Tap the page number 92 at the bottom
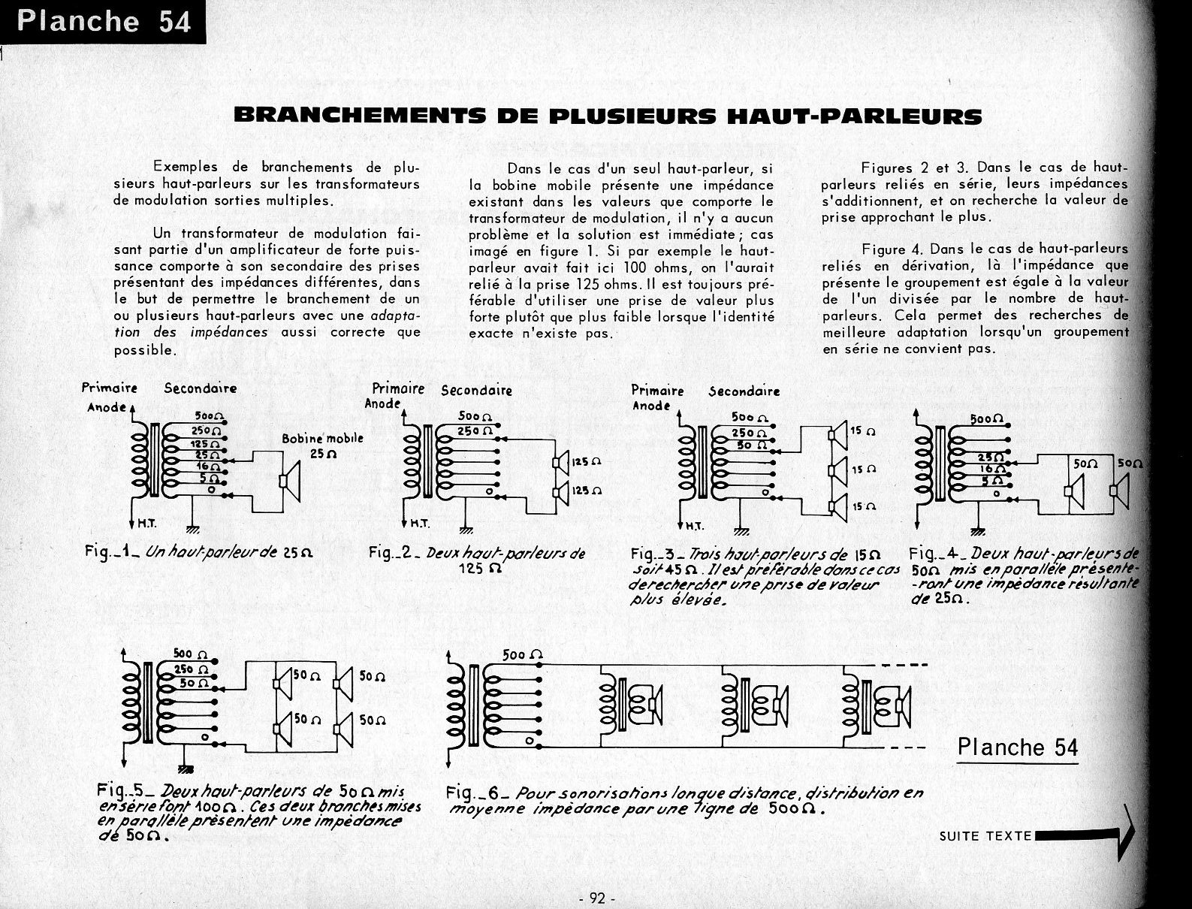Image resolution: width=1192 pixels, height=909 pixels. (598, 898)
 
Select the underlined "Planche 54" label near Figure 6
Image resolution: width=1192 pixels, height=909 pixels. (1018, 747)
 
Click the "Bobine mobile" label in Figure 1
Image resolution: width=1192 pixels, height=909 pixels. (322, 439)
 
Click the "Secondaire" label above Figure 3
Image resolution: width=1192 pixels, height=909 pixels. (744, 391)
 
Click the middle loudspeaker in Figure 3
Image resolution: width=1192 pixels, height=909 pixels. (837, 470)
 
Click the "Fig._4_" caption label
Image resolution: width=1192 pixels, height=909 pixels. (933, 554)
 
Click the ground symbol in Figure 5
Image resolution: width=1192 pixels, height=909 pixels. (184, 769)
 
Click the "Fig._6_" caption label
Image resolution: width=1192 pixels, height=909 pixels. (472, 793)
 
